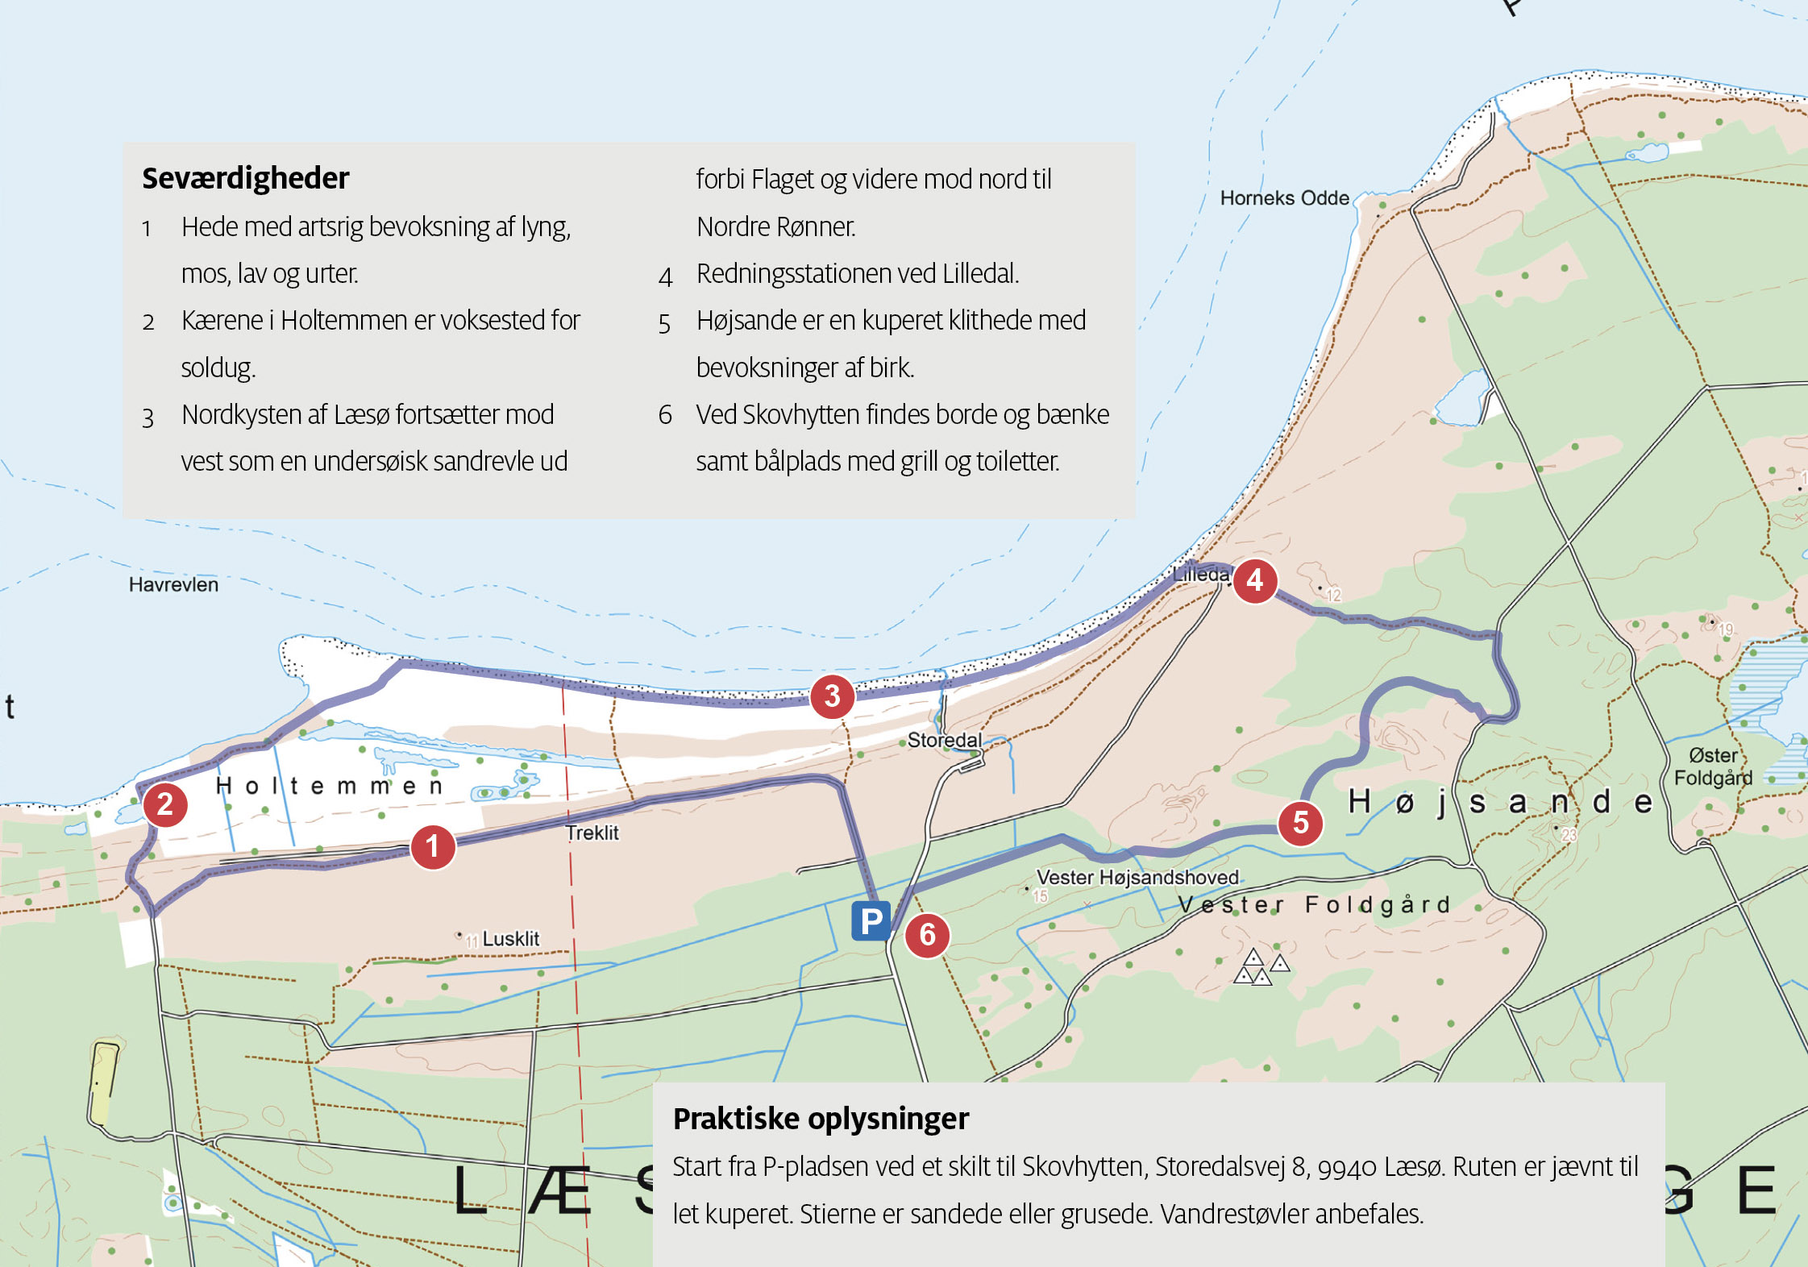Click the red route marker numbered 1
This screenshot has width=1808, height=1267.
coord(433,847)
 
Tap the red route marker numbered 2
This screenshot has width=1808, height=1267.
coord(165,804)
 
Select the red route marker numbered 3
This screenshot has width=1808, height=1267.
coord(832,696)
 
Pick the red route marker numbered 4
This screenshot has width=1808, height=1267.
coord(1254,580)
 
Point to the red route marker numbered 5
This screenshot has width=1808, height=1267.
coord(1300,823)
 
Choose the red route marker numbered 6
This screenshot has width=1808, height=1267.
coord(927,935)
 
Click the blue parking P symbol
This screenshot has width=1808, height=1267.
coord(871,920)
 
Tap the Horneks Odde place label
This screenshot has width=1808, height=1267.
coord(1284,198)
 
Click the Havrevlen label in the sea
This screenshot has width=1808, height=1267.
coord(173,584)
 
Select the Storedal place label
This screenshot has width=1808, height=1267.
coord(944,740)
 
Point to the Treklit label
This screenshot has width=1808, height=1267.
coord(592,833)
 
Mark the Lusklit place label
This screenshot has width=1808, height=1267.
coord(510,939)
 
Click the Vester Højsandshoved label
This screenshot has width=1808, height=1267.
coord(1137,877)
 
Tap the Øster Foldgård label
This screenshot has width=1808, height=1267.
coord(1713,766)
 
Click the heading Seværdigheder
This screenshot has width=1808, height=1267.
coord(246,178)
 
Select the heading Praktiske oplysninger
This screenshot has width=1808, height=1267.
coord(821,1119)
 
